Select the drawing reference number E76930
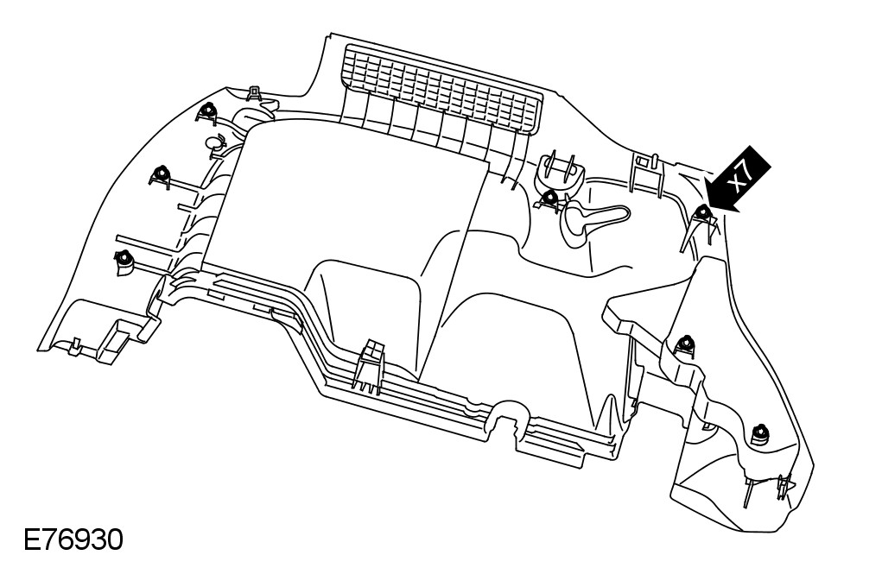tap(73, 541)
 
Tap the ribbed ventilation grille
tap(441, 88)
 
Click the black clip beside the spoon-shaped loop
tap(549, 199)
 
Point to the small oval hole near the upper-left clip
tap(213, 142)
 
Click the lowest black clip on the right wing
tap(759, 432)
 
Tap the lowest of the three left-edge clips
tap(124, 257)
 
